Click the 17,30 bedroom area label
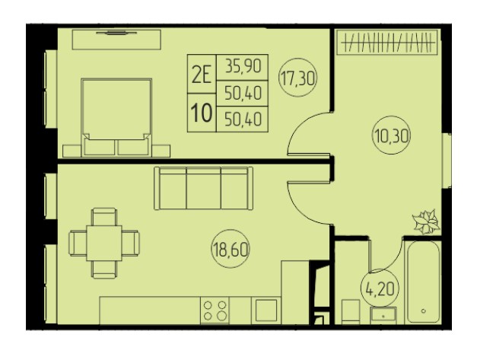pyautogui.click(x=297, y=78)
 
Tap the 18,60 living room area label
pyautogui.click(x=231, y=249)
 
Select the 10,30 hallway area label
pyautogui.click(x=391, y=136)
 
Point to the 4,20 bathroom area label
pyautogui.click(x=380, y=288)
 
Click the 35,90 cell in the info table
pyautogui.click(x=243, y=66)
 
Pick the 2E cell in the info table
pyautogui.click(x=202, y=75)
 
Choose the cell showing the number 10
pyautogui.click(x=202, y=113)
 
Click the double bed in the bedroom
pyautogui.click(x=116, y=117)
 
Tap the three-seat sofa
pyautogui.click(x=203, y=188)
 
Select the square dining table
pyautogui.click(x=104, y=243)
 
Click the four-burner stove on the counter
pyautogui.click(x=215, y=311)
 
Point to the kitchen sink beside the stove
pyautogui.click(x=266, y=311)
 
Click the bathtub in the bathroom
pyautogui.click(x=423, y=282)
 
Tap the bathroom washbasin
pyautogui.click(x=383, y=315)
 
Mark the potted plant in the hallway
pyautogui.click(x=426, y=221)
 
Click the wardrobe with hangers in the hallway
pyautogui.click(x=387, y=42)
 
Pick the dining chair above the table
pyautogui.click(x=104, y=216)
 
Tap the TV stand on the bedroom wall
pyautogui.click(x=116, y=40)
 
